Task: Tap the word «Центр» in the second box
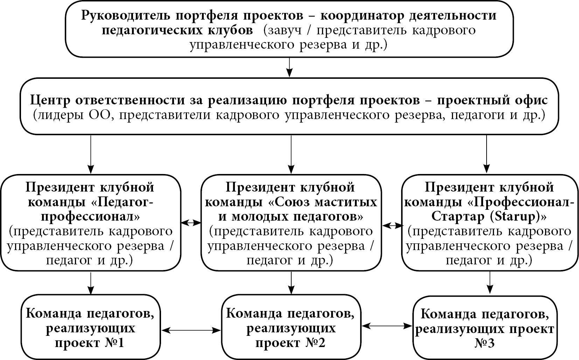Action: (51, 101)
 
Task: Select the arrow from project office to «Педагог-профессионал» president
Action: (91, 154)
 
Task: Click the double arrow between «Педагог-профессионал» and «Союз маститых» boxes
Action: (191, 222)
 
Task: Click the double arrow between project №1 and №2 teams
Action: (191, 330)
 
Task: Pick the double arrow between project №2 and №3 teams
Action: (388, 326)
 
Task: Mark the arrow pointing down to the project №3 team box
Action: (489, 283)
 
